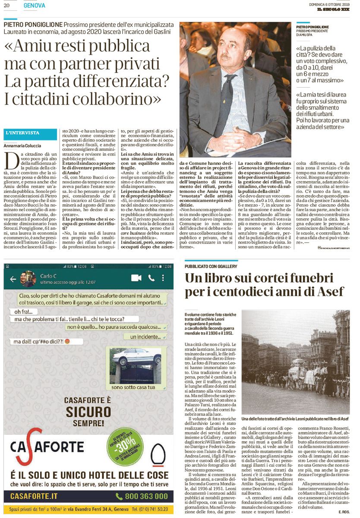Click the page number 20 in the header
[6, 5]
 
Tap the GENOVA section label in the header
[35, 5]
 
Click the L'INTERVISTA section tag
[23, 133]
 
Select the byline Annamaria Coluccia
[22, 145]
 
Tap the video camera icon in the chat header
[136, 278]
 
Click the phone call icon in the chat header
[151, 278]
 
